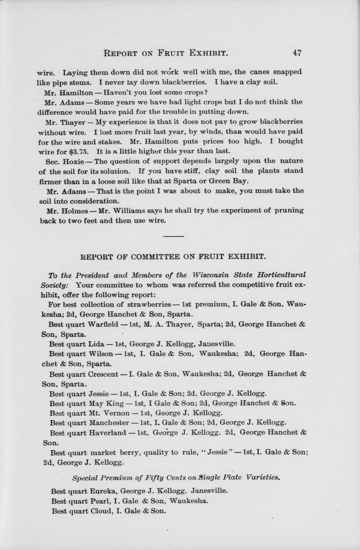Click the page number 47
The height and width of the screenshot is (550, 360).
click(x=297, y=52)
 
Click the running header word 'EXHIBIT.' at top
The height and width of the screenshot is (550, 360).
click(x=208, y=53)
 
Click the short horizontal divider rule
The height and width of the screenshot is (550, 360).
click(x=174, y=236)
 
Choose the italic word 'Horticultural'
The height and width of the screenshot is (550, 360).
click(x=282, y=275)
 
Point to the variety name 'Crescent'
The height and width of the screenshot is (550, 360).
click(x=102, y=374)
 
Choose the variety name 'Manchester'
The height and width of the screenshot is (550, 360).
click(x=108, y=422)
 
